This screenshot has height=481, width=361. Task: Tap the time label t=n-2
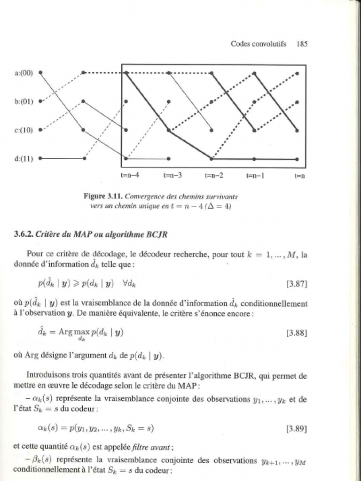(214, 176)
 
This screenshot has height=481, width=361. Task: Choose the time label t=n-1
(255, 176)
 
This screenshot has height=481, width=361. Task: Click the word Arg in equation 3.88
(65, 332)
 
